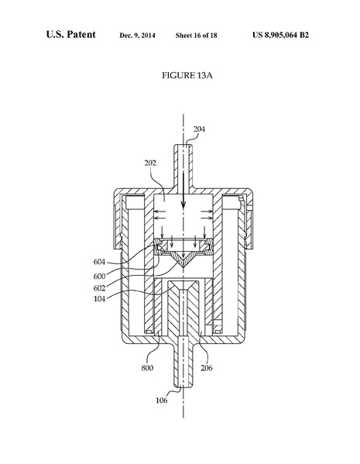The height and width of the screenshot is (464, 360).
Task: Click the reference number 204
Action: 199,129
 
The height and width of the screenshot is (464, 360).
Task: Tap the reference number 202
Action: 151,163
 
